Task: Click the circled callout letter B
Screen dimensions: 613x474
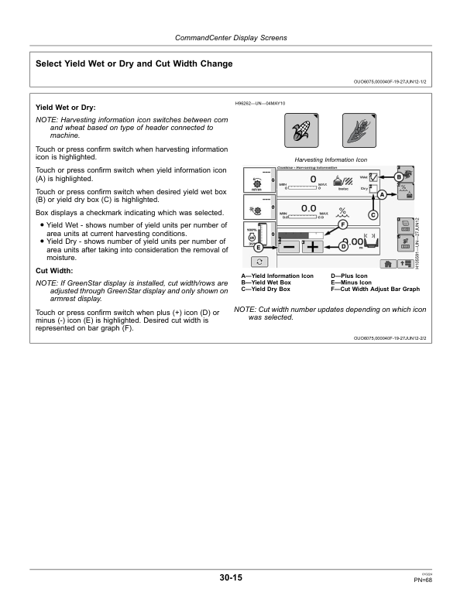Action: coord(399,178)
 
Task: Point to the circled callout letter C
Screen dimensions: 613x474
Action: coord(372,214)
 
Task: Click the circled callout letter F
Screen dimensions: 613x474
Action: coord(342,225)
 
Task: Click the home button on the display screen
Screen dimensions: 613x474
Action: coord(383,264)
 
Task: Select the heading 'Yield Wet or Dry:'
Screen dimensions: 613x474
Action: coord(66,107)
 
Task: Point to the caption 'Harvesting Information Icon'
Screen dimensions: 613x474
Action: coord(330,160)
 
